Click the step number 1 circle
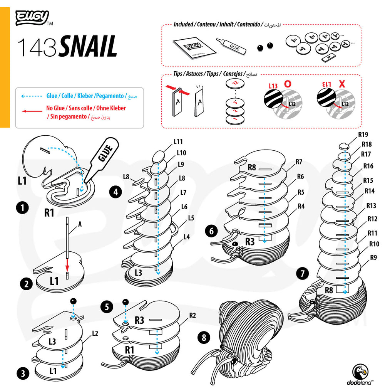pos(23,208)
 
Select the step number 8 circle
pos(204,338)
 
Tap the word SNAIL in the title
pos(88,47)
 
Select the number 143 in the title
pos(38,47)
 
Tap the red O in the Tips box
pos(288,84)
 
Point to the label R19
pos(363,135)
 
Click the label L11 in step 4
pos(178,142)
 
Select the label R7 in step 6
pos(299,162)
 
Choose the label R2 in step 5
pos(193,315)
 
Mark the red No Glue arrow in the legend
pos(31,111)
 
